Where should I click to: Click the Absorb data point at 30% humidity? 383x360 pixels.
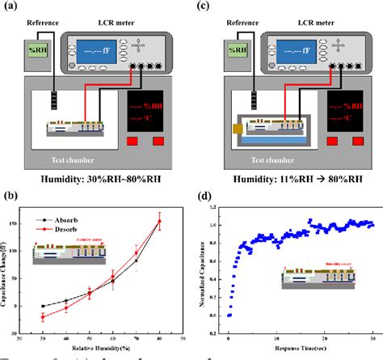[42, 306]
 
